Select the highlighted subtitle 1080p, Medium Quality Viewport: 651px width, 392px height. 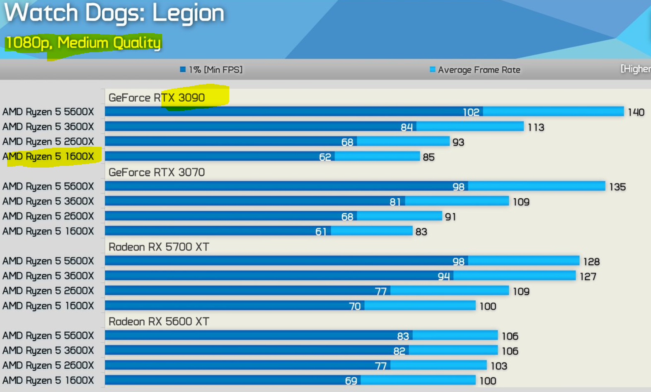(83, 43)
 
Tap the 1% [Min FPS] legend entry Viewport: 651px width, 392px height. (211, 70)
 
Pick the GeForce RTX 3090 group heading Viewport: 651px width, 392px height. (157, 98)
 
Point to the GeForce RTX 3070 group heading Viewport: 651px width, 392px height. (157, 173)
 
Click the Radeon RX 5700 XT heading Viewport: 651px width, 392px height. (159, 247)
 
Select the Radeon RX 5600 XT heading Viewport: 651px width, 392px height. (159, 322)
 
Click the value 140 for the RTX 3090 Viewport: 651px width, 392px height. (636, 112)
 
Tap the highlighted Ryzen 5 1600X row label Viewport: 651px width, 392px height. (48, 157)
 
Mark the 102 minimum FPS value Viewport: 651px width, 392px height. (471, 112)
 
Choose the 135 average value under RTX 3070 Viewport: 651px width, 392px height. (617, 187)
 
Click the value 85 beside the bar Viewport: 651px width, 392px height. (428, 157)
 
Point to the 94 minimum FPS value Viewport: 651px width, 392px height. (443, 276)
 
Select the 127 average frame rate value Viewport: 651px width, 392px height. (588, 277)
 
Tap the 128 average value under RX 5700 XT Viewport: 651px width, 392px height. (591, 262)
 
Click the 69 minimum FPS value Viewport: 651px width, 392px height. (351, 381)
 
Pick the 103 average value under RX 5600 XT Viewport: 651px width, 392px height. (499, 366)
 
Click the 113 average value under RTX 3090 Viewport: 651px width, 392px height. (535, 127)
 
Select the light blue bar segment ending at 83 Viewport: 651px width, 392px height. (371, 231)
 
